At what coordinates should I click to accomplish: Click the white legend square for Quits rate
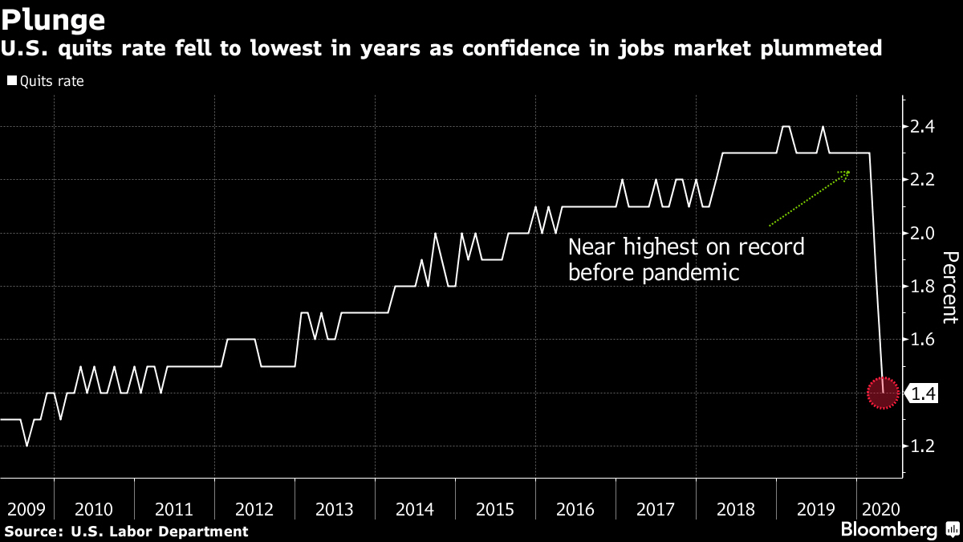[11, 81]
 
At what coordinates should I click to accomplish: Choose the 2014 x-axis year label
[415, 509]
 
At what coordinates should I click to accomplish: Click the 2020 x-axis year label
[880, 509]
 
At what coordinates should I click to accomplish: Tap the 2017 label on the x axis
[656, 509]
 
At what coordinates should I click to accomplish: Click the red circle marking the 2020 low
[883, 393]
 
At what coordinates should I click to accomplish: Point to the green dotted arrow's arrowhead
[846, 173]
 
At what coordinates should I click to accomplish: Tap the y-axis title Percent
[949, 287]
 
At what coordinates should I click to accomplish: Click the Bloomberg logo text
[888, 530]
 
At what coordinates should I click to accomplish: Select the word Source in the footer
[32, 532]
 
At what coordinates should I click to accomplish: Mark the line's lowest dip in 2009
[26, 446]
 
